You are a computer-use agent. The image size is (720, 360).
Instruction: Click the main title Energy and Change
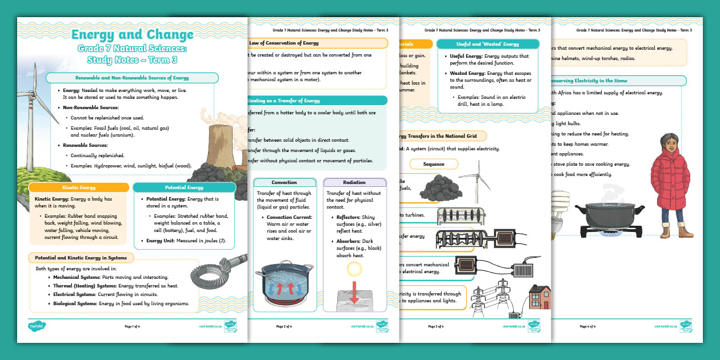pos(132,35)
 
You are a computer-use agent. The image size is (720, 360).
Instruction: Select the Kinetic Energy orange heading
pos(79,187)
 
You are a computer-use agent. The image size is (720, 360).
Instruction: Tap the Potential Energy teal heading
pos(184,187)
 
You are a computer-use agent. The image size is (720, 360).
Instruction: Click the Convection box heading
pos(284,183)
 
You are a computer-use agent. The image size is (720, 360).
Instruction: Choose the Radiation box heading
pos(354,183)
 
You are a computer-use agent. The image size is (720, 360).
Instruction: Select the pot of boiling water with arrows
pos(284,283)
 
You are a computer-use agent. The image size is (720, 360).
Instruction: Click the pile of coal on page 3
pos(439,186)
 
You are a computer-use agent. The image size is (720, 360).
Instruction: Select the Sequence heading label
pos(434,164)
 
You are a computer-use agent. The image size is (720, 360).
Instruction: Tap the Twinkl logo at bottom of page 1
pos(37,326)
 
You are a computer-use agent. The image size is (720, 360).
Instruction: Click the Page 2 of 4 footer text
pos(284,326)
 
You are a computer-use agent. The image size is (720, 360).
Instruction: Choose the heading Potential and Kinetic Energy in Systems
pos(81,258)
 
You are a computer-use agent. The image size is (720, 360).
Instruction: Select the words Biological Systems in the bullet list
pos(74,303)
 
